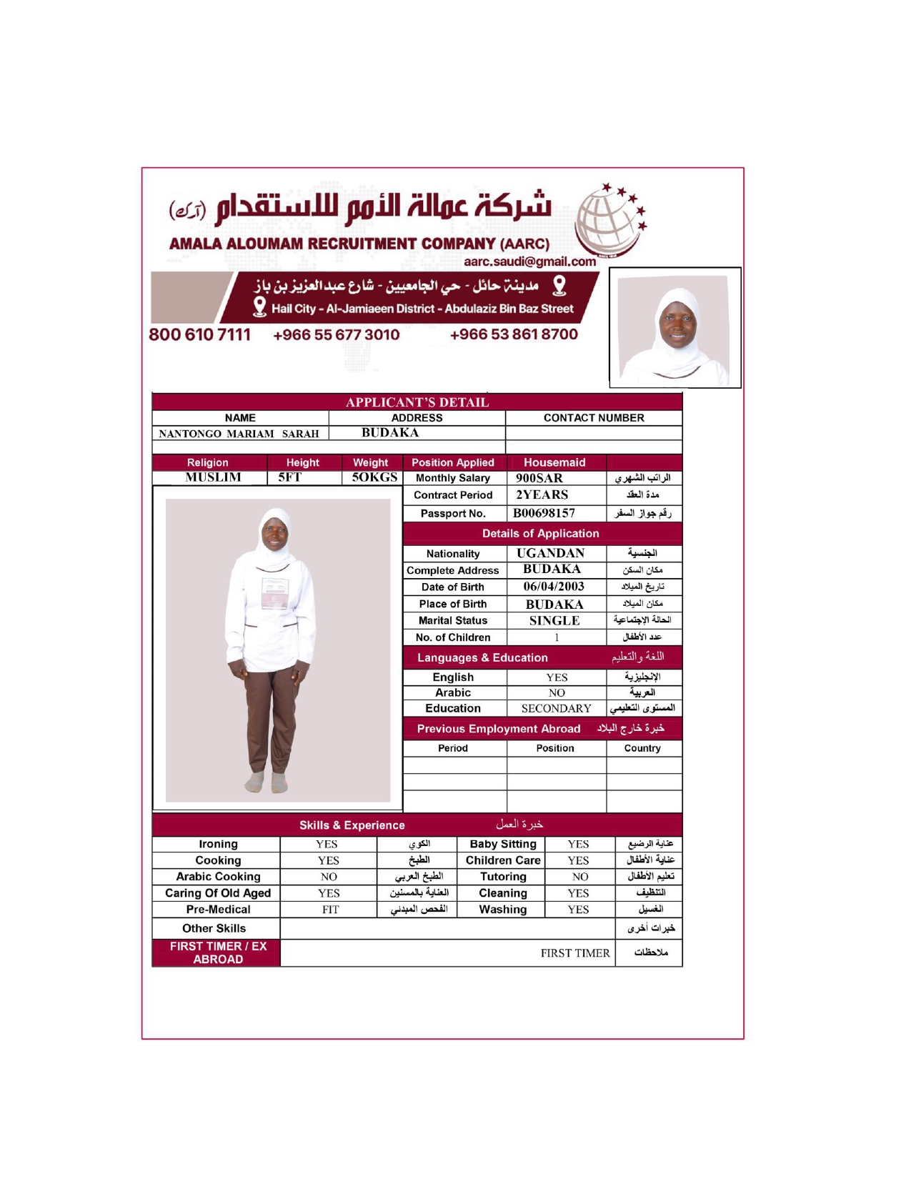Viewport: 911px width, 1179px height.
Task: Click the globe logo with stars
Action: [609, 220]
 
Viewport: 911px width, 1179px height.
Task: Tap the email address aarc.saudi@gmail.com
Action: [529, 262]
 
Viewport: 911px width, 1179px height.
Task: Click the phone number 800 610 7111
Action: [199, 334]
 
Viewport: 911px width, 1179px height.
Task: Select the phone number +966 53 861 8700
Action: [514, 334]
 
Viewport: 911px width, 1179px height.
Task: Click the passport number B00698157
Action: [544, 513]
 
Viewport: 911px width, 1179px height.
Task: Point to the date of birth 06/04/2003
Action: [554, 587]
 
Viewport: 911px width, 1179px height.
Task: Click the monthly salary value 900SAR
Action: [539, 478]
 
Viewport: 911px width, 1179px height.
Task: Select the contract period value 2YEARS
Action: [542, 494]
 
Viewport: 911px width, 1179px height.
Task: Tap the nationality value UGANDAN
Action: [550, 553]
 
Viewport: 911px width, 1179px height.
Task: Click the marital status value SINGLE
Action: [554, 621]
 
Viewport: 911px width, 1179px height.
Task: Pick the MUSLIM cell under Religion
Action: [213, 477]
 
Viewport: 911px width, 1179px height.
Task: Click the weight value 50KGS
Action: [374, 477]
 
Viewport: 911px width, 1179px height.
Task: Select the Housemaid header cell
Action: [554, 462]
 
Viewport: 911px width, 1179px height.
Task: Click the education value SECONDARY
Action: [556, 709]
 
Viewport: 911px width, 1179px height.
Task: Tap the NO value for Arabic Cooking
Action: [329, 877]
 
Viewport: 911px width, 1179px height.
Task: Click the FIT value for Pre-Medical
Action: [330, 910]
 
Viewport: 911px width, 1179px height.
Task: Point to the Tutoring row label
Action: [503, 877]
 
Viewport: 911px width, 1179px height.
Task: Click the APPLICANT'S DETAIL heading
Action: [417, 402]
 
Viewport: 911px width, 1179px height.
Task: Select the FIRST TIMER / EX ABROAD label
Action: [218, 952]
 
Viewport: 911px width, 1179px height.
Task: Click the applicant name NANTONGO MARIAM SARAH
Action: [239, 434]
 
